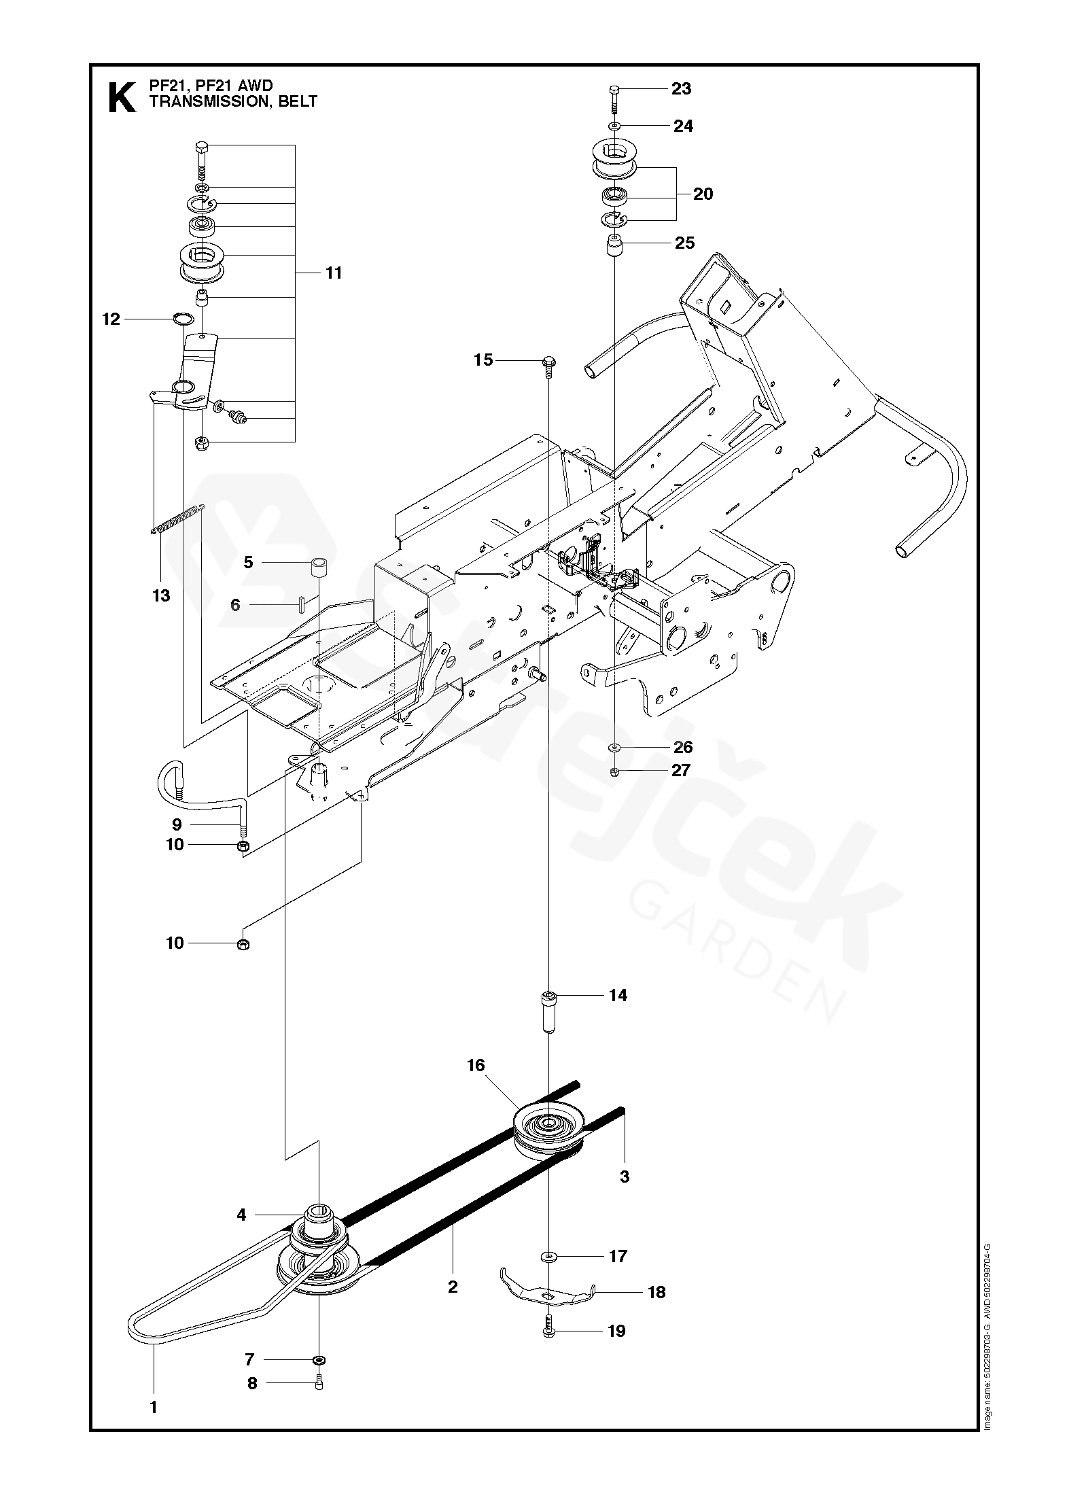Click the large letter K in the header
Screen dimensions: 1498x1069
point(122,98)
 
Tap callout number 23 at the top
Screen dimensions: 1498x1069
point(681,88)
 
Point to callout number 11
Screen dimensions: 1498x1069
point(333,273)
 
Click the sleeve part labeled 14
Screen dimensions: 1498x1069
point(548,1015)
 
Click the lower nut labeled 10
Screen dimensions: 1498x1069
point(243,943)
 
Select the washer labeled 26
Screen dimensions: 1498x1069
point(614,748)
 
